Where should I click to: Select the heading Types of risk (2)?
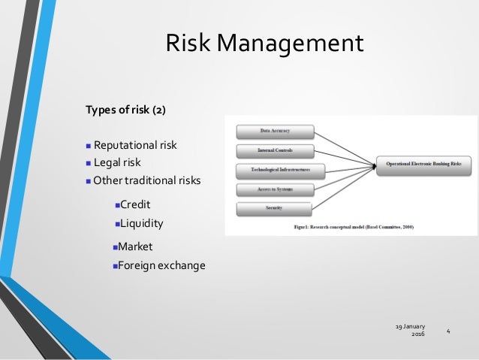click(x=125, y=110)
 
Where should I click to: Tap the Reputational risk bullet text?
click(x=135, y=145)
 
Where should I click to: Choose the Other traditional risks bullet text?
click(x=147, y=180)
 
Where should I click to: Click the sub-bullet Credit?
click(x=135, y=204)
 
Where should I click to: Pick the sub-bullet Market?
click(x=136, y=246)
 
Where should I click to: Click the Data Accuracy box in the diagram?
click(x=275, y=131)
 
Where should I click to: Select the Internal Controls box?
click(x=275, y=150)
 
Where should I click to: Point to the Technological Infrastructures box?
click(x=275, y=170)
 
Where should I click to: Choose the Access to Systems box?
click(x=275, y=189)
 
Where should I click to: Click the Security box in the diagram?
click(x=275, y=207)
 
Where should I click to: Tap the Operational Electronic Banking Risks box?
click(x=423, y=162)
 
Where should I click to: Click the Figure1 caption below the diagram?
click(x=350, y=225)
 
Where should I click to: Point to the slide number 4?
click(x=448, y=331)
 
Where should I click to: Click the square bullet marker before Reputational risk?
click(x=88, y=146)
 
